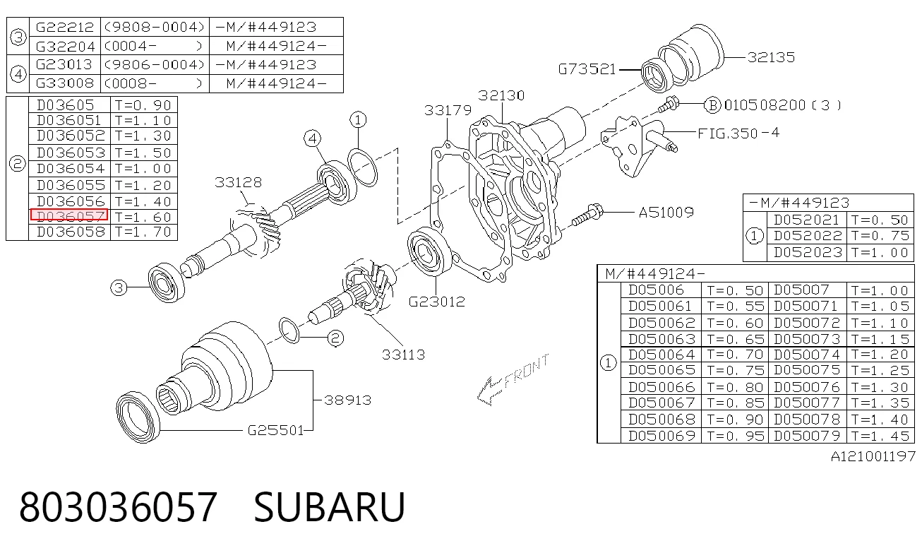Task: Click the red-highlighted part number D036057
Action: point(69,215)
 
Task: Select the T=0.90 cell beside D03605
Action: point(143,105)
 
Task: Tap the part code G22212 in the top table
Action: point(65,27)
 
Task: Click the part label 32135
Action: point(771,57)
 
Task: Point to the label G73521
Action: point(587,69)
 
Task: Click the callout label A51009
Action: point(666,213)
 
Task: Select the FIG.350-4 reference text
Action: point(738,133)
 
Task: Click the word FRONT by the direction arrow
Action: point(526,371)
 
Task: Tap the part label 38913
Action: point(348,400)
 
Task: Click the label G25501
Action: point(275,430)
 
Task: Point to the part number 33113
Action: point(403,355)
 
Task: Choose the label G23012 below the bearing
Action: point(437,302)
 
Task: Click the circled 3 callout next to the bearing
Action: point(119,287)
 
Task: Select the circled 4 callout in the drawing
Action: point(313,138)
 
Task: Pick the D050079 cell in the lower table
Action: point(807,436)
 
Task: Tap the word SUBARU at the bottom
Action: point(329,507)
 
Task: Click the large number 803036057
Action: point(118,507)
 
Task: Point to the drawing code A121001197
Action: point(873,456)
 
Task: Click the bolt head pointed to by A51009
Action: point(595,212)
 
